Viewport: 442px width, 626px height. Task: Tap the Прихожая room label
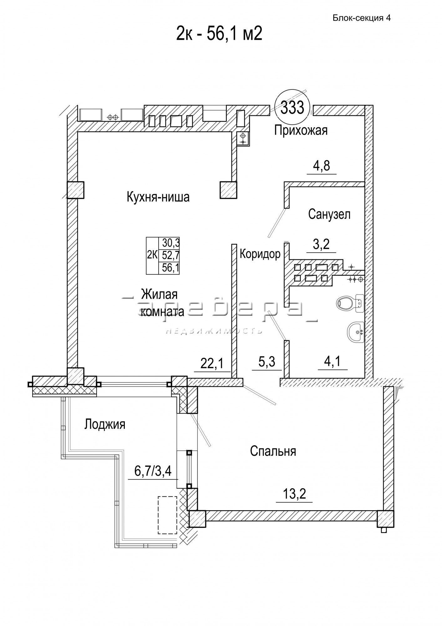(x=301, y=130)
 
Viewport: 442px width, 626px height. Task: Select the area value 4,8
(x=321, y=166)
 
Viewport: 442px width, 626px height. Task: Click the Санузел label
(x=329, y=214)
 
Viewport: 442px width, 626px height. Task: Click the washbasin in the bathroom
(x=355, y=332)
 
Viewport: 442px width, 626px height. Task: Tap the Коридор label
(x=260, y=254)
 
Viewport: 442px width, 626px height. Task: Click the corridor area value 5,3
(x=267, y=362)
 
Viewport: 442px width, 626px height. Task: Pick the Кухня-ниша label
(x=158, y=197)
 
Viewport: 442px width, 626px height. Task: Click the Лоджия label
(x=105, y=425)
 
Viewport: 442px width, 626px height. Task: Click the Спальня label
(x=273, y=451)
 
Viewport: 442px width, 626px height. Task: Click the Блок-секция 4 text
(x=361, y=18)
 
